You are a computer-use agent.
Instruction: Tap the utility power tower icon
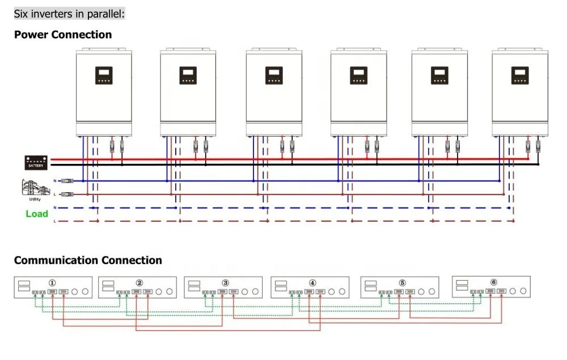point(31,188)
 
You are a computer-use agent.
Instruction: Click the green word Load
point(37,214)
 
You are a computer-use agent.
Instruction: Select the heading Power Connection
point(63,35)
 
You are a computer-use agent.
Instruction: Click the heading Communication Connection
point(88,260)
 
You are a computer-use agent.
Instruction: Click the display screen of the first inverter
point(104,75)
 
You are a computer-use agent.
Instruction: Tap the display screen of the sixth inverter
point(520,75)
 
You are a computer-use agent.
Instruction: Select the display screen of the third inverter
point(274,75)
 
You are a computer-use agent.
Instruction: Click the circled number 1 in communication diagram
point(52,282)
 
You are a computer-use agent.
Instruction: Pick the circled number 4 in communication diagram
point(312,282)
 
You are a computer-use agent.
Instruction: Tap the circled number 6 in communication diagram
point(493,282)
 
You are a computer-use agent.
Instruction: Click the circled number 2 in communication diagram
point(139,282)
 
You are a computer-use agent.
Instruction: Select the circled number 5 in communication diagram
point(402,282)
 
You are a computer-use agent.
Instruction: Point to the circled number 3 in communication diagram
point(225,282)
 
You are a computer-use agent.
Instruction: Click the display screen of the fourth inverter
point(358,75)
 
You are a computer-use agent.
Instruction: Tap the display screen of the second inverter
point(188,75)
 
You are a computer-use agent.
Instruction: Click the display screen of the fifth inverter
point(439,75)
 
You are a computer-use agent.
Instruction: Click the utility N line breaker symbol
point(67,181)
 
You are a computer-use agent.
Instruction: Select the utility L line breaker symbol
point(67,194)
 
